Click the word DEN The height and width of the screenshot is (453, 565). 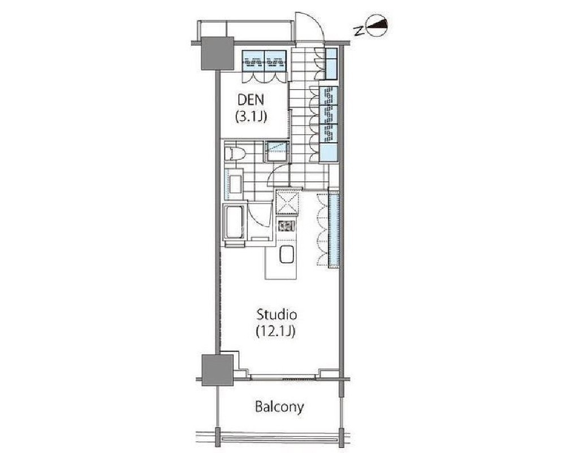pyautogui.click(x=251, y=100)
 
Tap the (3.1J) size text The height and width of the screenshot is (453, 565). pyautogui.click(x=251, y=117)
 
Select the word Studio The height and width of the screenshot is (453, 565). pyautogui.click(x=277, y=314)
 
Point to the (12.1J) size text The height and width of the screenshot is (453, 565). pyautogui.click(x=275, y=331)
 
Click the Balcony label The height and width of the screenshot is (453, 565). pyautogui.click(x=279, y=407)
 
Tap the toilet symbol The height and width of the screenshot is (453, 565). pyautogui.click(x=234, y=154)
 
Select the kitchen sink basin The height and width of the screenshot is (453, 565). pyautogui.click(x=287, y=254)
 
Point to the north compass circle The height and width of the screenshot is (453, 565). pyautogui.click(x=377, y=25)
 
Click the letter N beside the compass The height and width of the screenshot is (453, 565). pyautogui.click(x=358, y=31)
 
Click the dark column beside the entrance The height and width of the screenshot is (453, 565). pyautogui.click(x=217, y=53)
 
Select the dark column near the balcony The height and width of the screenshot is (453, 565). pyautogui.click(x=217, y=370)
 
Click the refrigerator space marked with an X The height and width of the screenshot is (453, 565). pyautogui.click(x=287, y=202)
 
